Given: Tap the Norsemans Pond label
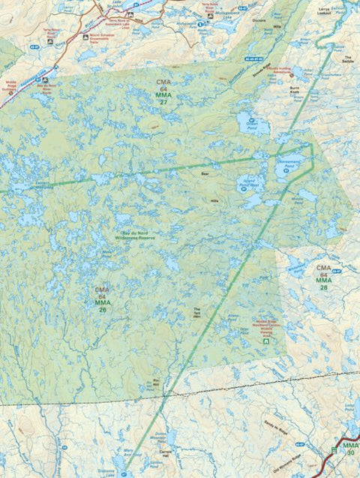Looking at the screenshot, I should pos(289,162).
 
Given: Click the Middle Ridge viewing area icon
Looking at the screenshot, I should pos(264,341).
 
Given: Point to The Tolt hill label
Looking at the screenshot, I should pos(197,311).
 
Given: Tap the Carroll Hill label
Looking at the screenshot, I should pos(166,455).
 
